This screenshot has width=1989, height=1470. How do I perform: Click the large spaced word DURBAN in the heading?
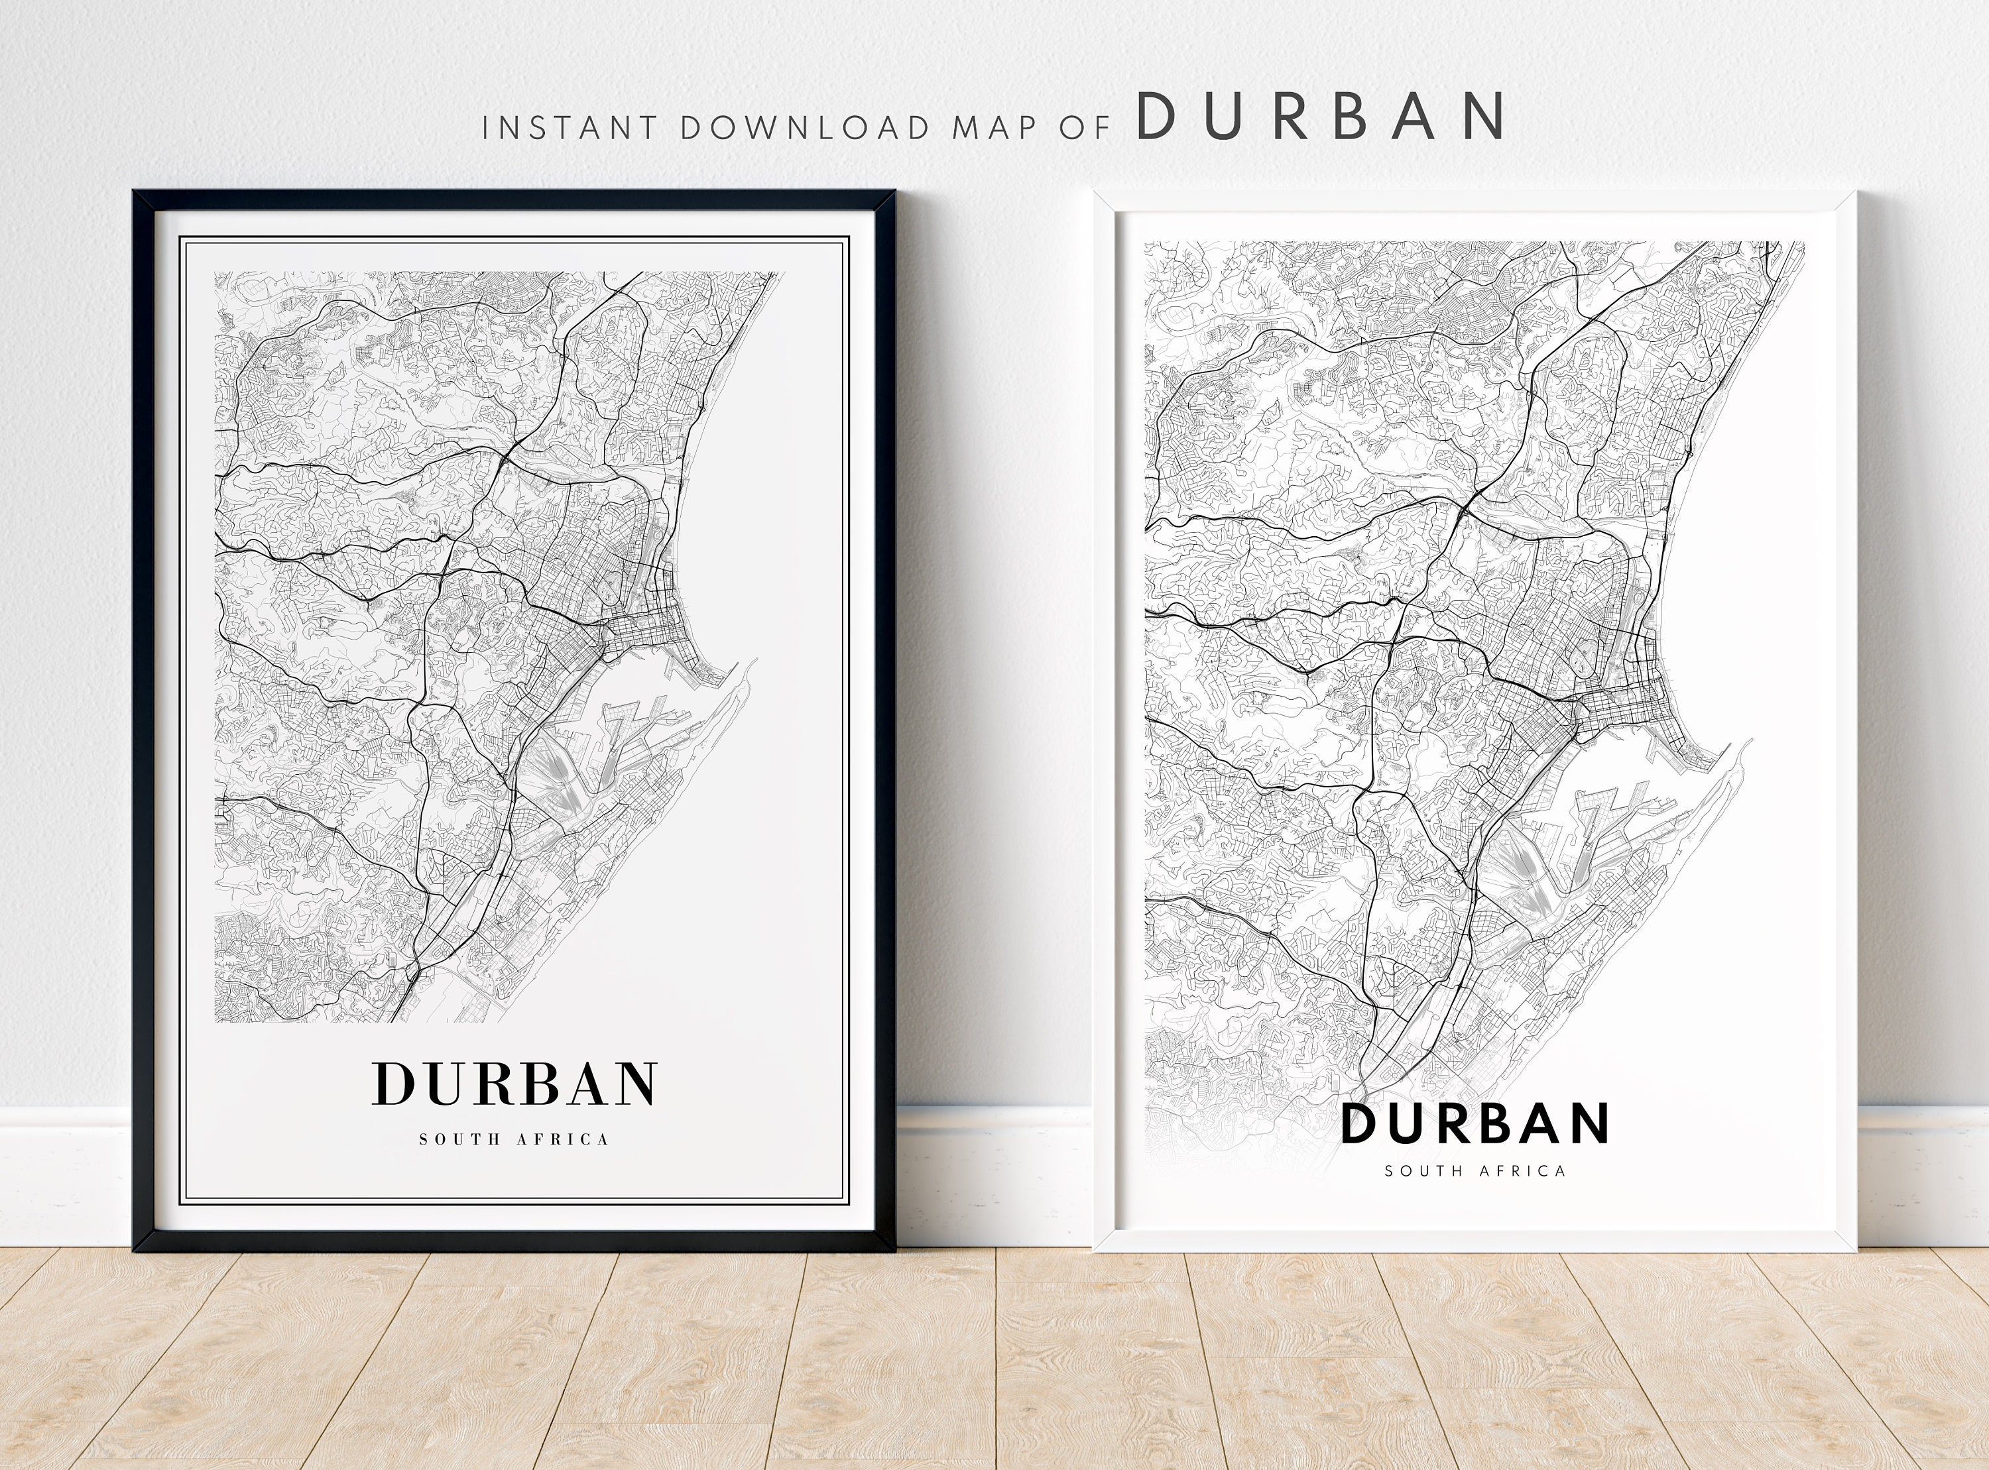pyautogui.click(x=1321, y=117)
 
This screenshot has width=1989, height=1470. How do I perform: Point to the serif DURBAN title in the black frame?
pyautogui.click(x=514, y=1083)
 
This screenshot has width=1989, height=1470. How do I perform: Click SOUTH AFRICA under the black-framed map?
pyautogui.click(x=514, y=1139)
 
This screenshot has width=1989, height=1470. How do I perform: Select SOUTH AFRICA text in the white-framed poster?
pyautogui.click(x=1475, y=1171)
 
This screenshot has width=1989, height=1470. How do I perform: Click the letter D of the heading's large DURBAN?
pyautogui.click(x=1154, y=117)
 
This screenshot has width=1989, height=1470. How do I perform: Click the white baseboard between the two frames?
pyautogui.click(x=994, y=1174)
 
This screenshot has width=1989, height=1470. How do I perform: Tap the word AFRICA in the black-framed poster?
pyautogui.click(x=565, y=1139)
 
